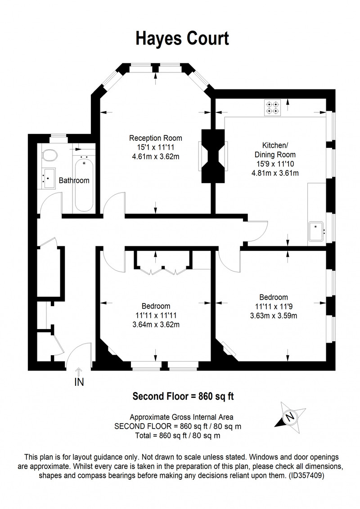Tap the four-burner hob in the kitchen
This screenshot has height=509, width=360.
point(271,107)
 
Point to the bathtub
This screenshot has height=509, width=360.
point(84,184)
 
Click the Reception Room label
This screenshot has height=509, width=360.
point(155,138)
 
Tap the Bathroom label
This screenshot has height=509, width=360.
point(74,181)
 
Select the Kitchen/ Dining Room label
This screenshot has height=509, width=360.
point(274,150)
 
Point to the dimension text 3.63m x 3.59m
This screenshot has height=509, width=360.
point(274,316)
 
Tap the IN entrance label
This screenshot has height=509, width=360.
point(79,383)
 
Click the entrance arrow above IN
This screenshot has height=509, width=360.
point(79,371)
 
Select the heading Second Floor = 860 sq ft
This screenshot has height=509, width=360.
point(182,397)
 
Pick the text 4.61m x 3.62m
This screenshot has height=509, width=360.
point(155,156)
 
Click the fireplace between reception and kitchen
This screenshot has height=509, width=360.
point(213,156)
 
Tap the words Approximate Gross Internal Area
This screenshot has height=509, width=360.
point(182,416)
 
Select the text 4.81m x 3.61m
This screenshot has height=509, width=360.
point(274,173)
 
